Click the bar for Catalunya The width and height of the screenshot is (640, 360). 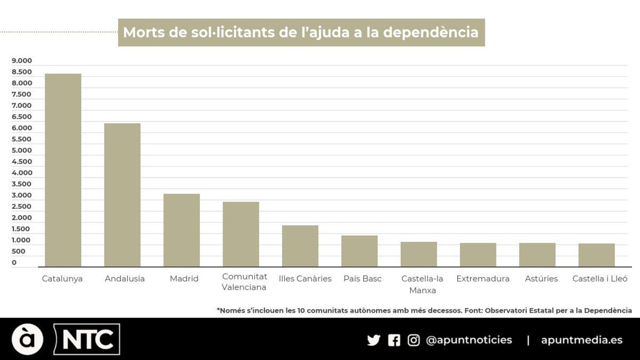click(x=63, y=170)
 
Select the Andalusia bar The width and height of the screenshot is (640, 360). click(x=122, y=195)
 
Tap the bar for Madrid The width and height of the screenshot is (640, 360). click(x=182, y=230)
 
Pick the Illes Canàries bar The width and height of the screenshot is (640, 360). click(x=300, y=246)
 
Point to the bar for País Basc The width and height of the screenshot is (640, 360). click(x=359, y=251)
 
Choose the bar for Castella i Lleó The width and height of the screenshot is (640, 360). click(x=596, y=255)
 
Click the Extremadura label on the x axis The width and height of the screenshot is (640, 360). click(x=483, y=278)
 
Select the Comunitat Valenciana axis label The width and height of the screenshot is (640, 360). click(x=244, y=282)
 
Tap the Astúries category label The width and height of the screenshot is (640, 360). click(x=541, y=278)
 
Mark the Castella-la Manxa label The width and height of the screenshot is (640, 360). click(x=422, y=284)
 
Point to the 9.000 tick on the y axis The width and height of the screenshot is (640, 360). click(x=22, y=61)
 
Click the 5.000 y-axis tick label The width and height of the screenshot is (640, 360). click(x=22, y=150)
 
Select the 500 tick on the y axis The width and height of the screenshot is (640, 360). click(x=18, y=251)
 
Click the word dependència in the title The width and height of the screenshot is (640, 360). click(x=430, y=32)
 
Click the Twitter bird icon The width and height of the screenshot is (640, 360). click(x=373, y=340)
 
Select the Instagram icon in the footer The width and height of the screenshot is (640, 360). click(x=414, y=340)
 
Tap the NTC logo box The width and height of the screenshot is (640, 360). click(x=87, y=339)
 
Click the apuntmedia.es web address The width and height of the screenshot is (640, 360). click(x=582, y=340)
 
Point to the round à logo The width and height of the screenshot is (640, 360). click(x=27, y=339)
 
